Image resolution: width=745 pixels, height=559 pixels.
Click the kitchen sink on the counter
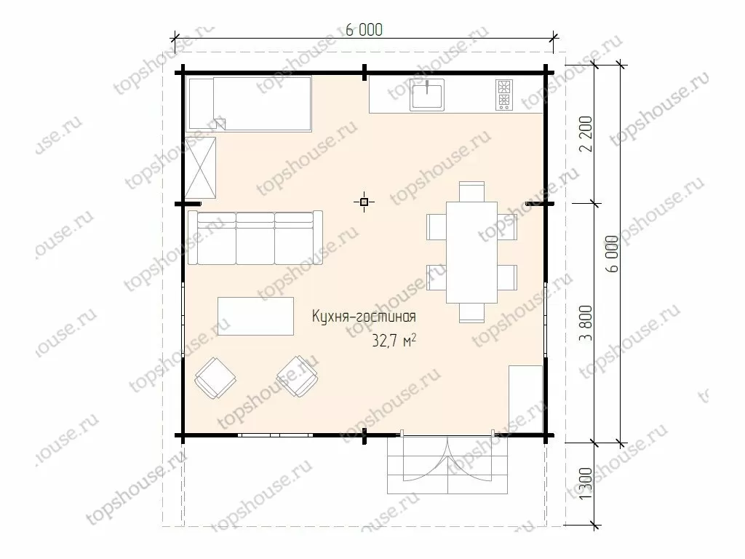pos(427,95)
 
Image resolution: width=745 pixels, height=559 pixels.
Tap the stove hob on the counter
pos(504,95)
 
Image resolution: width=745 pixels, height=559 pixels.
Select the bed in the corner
pos(250,104)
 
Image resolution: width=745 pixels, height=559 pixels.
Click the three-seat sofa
pos(255,238)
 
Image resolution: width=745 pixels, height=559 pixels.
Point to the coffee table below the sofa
pos(255,316)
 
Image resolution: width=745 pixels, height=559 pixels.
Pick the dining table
pos(471,253)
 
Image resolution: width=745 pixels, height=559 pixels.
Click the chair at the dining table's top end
pos(471,191)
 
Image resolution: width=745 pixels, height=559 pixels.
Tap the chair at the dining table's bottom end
pos(471,313)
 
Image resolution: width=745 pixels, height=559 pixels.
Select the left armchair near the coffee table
pos(215,378)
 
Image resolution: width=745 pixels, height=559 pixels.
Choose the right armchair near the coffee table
pos(298,376)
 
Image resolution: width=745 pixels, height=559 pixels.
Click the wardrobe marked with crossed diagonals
pos(201,168)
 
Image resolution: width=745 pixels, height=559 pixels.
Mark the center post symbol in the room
pos(364,202)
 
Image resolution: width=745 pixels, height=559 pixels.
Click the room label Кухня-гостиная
pos(364,317)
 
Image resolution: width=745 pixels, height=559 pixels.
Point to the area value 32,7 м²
pos(394,341)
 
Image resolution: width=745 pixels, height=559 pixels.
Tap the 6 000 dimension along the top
pos(364,30)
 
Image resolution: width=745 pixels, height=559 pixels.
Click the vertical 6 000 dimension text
pos(613,254)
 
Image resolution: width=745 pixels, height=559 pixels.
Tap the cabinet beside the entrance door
pos(526,400)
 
